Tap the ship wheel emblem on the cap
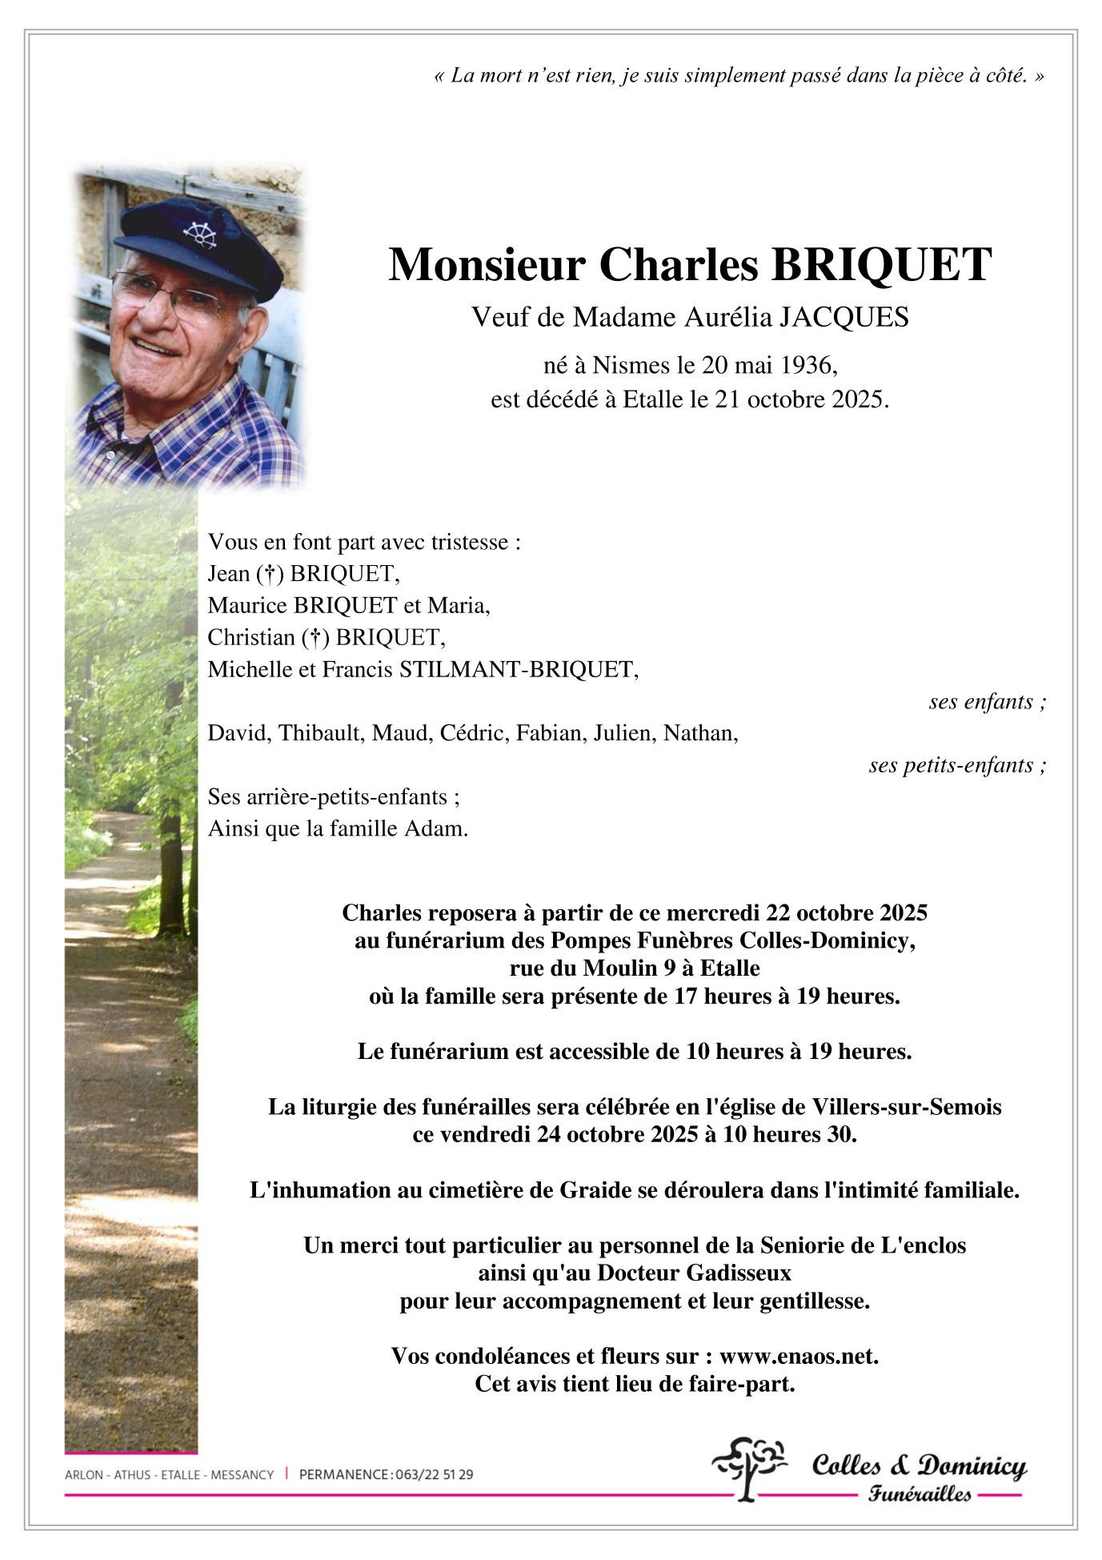pyautogui.click(x=200, y=234)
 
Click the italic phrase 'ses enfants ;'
pyautogui.click(x=987, y=702)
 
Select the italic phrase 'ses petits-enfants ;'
pyautogui.click(x=957, y=766)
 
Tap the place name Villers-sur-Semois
pyautogui.click(x=906, y=1107)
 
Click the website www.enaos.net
pyautogui.click(x=798, y=1357)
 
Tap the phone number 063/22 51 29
pyautogui.click(x=434, y=1474)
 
